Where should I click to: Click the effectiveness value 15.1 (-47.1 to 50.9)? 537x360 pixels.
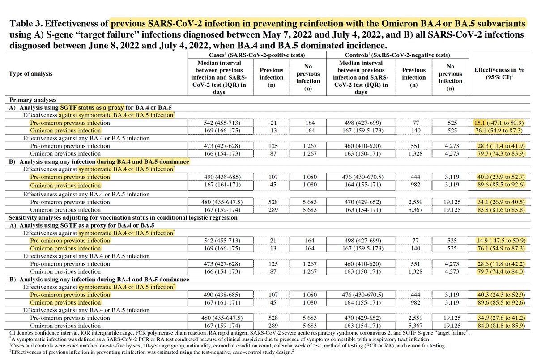tap(499, 123)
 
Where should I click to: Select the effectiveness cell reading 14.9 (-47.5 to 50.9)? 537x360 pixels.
tap(500, 241)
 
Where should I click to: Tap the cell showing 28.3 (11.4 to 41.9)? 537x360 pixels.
tap(501, 146)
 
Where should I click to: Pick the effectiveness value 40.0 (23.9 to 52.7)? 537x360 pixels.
tap(501, 177)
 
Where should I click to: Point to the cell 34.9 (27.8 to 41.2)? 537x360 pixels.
tap(501, 318)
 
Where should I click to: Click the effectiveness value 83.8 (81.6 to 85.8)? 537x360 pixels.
tap(501, 210)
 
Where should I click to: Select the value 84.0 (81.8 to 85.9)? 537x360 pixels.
tap(501, 326)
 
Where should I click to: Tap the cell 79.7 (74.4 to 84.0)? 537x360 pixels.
tap(501, 271)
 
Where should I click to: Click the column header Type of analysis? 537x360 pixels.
tap(31, 73)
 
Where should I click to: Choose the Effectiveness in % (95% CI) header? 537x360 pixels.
tap(499, 73)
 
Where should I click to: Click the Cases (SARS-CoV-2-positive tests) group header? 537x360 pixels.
tap(257, 55)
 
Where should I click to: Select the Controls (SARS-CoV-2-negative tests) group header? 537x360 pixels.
tap(397, 55)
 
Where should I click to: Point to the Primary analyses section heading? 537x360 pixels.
tap(33, 100)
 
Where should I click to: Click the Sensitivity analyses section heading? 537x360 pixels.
tap(123, 217)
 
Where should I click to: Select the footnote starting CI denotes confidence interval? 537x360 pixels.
tap(239, 333)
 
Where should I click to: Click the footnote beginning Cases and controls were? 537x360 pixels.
tap(228, 346)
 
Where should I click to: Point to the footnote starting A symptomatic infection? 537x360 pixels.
tap(220, 339)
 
